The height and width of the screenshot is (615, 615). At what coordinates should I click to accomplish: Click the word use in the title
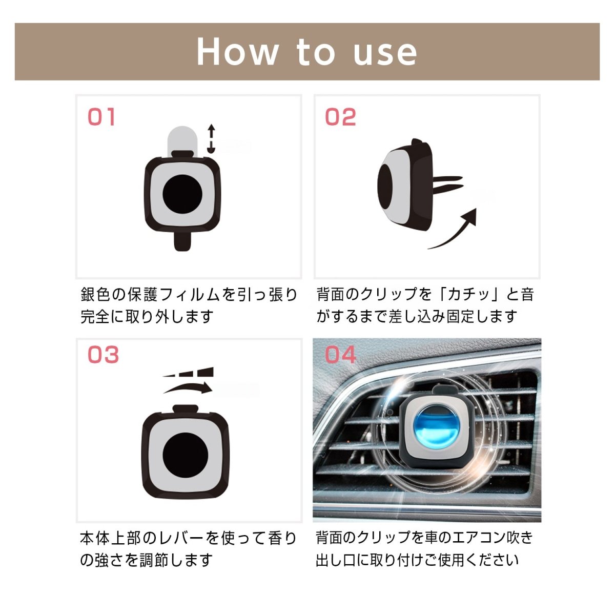pos(385,52)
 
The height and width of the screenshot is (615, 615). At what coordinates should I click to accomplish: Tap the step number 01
pos(101,117)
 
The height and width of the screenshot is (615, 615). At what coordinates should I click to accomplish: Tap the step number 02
pos(340,117)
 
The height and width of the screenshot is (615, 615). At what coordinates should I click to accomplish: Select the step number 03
pos(103,355)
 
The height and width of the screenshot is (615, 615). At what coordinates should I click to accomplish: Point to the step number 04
pos(341,355)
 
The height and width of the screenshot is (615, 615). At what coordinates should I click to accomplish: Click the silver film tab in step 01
pos(183,139)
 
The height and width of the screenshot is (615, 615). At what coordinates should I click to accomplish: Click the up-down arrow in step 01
pos(211,138)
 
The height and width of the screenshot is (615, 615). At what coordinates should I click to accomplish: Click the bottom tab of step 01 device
pos(182,241)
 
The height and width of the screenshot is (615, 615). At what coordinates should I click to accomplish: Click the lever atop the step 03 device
pos(186,408)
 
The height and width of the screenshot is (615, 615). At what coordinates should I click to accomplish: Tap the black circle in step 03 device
pos(186,455)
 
